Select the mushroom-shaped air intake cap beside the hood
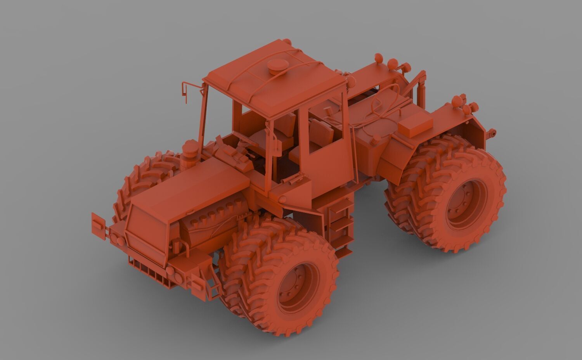click(x=190, y=149)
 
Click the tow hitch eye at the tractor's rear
click(x=492, y=134)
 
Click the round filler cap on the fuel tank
click(x=376, y=138)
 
